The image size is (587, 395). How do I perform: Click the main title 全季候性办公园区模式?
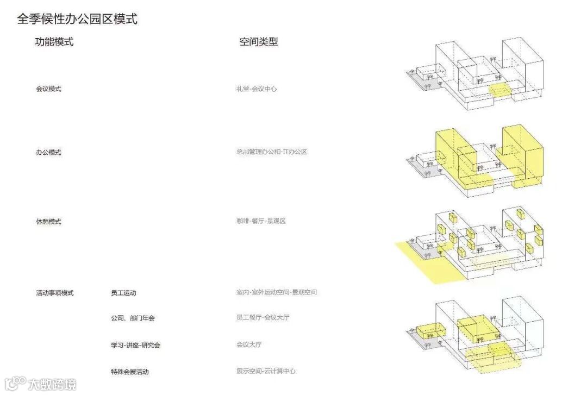point(77,19)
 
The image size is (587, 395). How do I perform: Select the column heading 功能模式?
point(54,42)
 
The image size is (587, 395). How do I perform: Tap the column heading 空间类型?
point(259,42)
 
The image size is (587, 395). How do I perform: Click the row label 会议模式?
point(48,89)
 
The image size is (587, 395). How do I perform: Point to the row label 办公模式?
point(48,152)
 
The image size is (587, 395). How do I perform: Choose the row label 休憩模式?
point(48,222)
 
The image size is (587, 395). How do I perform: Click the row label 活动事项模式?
point(54,293)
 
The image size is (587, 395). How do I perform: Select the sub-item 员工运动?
point(123,293)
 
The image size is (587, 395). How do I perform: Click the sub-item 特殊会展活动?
point(129,372)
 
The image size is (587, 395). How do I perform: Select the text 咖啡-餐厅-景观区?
point(261,221)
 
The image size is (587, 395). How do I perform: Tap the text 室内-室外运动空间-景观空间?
point(276,292)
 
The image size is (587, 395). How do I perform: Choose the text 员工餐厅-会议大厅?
point(263,317)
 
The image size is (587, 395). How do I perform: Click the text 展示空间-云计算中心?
point(266,371)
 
